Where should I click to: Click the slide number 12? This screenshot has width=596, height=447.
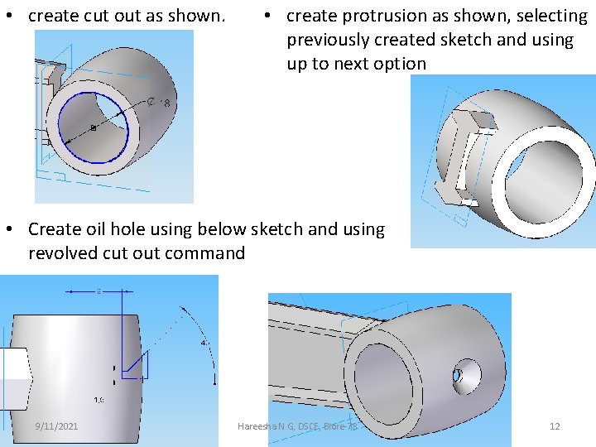click(555, 426)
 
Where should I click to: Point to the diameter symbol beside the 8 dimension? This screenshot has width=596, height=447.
click(152, 103)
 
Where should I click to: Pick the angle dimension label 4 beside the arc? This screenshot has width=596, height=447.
click(204, 342)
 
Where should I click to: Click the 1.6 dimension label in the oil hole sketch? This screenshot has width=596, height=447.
click(99, 400)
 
